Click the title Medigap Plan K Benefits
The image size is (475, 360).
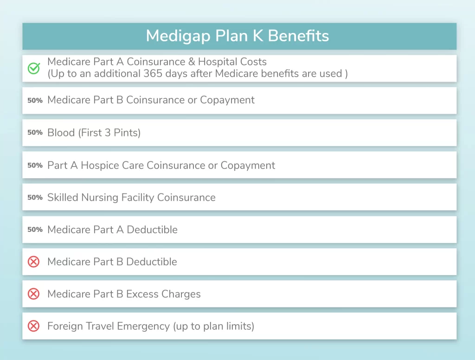point(237,36)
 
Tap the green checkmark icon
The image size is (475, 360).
point(33,68)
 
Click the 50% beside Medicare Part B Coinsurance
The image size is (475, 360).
point(35,100)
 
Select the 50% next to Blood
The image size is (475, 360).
point(35,132)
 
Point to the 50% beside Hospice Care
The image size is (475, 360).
point(35,165)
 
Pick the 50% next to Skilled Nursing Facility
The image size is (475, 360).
point(35,197)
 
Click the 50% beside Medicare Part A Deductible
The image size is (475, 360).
point(35,229)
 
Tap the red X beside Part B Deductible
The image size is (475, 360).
point(33,262)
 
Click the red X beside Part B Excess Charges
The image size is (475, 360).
point(33,294)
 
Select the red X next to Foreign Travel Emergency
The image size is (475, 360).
point(33,326)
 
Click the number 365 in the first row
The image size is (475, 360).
point(153,74)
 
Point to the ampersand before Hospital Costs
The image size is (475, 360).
point(192,62)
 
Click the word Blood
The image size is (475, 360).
point(61,133)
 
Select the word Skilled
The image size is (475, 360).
point(63,197)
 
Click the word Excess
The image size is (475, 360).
point(142,294)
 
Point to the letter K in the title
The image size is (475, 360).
point(258,36)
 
